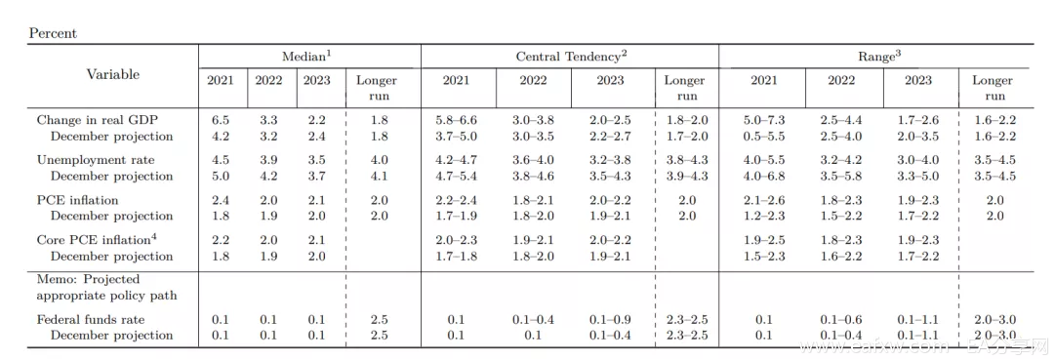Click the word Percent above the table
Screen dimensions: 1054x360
(53, 33)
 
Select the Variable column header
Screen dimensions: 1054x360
(113, 74)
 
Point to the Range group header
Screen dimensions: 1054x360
(878, 57)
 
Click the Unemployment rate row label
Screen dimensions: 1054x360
(96, 160)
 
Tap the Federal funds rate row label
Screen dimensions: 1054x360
(91, 320)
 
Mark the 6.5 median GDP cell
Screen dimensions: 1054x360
(220, 120)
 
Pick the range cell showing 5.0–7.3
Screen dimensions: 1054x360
(763, 120)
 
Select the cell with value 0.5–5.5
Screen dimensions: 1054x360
(763, 137)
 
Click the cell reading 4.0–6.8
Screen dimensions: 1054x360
(763, 176)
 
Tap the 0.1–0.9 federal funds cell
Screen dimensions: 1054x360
(609, 320)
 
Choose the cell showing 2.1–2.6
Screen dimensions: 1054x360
(763, 200)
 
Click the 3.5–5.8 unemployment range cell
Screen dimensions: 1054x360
(841, 176)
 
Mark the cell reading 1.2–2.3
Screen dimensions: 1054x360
(763, 216)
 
